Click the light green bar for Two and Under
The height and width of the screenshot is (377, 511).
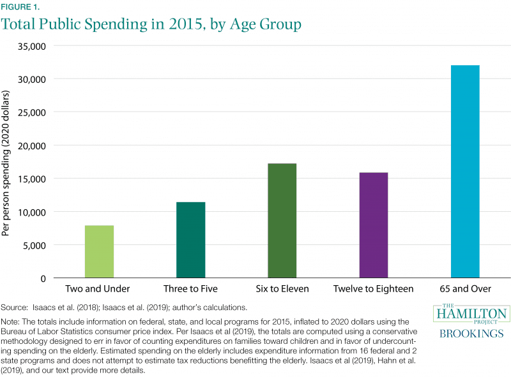[100, 251]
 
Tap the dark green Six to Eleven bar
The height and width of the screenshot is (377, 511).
[282, 221]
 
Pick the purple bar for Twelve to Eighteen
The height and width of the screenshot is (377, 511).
[374, 225]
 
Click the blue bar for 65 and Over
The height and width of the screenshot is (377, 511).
[465, 172]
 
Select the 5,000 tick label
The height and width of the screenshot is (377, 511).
[34, 245]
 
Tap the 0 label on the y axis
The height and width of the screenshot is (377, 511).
[43, 278]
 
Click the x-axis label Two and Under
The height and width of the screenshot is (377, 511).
[100, 289]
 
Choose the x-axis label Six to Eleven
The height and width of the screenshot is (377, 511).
[282, 289]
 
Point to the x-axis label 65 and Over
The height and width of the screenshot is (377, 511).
[465, 289]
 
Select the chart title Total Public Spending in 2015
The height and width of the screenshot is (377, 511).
[151, 25]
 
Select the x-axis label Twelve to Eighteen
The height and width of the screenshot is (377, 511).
[374, 289]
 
